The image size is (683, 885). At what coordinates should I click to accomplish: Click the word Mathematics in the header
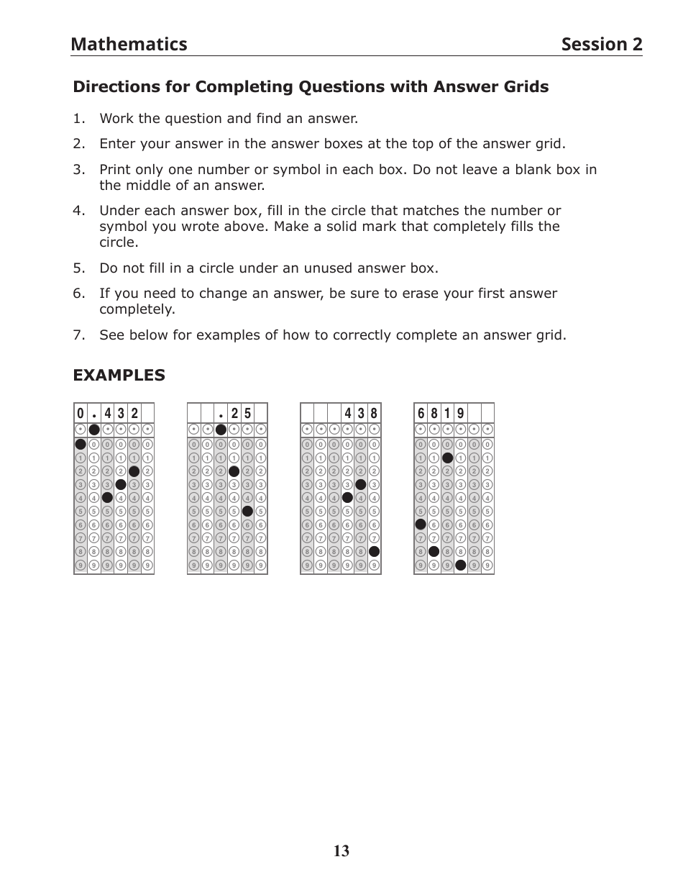tap(129, 45)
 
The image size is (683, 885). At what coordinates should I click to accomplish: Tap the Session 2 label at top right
tap(601, 45)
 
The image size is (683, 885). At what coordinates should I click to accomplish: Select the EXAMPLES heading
tap(119, 376)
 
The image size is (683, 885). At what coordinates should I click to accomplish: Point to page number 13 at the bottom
tap(341, 852)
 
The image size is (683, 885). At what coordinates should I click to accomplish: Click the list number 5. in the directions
tap(78, 268)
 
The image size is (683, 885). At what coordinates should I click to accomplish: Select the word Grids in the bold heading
tap(523, 87)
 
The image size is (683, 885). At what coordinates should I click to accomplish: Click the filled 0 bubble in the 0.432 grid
tap(81, 444)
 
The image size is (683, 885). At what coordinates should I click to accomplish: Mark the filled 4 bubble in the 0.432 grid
tap(107, 497)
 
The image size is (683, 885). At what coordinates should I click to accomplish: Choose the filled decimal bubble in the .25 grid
tap(221, 430)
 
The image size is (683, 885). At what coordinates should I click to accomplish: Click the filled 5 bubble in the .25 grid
tap(247, 511)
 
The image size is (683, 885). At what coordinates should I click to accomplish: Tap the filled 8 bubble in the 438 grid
tap(374, 551)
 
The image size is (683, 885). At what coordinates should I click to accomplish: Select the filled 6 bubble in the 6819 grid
tap(421, 525)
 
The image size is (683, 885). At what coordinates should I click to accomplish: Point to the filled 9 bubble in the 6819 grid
tap(461, 565)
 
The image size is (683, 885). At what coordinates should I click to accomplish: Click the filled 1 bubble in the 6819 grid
tap(447, 458)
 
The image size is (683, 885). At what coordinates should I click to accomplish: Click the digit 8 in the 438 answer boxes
tap(374, 414)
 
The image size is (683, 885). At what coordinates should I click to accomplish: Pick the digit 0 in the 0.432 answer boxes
tap(81, 414)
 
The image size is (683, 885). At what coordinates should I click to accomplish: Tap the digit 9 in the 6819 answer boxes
tap(461, 414)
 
